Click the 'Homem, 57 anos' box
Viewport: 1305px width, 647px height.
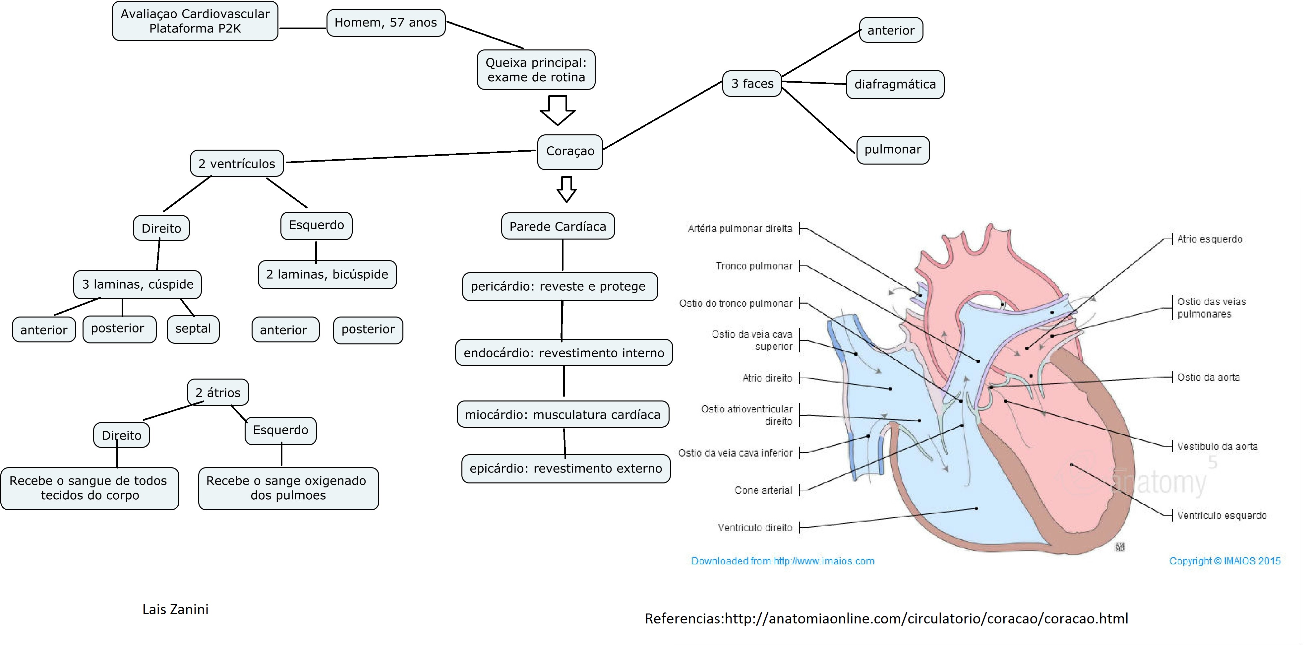coord(386,23)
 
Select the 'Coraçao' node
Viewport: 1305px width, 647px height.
coord(570,152)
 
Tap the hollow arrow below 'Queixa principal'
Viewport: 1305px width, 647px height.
coord(558,110)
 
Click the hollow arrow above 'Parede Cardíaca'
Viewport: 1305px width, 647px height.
coord(566,189)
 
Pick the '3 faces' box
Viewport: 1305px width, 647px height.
coord(752,83)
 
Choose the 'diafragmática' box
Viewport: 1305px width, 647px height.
coord(895,84)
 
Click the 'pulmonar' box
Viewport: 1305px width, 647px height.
coord(893,150)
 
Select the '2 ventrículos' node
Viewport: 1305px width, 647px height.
coord(237,163)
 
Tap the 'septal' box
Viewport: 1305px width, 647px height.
coord(193,329)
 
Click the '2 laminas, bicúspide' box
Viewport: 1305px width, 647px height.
coord(327,274)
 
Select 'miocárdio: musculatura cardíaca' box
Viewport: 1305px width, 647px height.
coord(563,414)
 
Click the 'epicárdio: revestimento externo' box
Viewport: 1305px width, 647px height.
coord(566,468)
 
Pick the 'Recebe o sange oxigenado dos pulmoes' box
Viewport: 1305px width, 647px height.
coord(288,488)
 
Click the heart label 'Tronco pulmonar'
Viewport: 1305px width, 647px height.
coord(754,266)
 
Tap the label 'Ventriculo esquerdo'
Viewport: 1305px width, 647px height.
coord(1222,516)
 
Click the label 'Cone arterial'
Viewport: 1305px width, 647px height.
coord(763,490)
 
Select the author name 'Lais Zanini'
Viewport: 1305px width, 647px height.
coord(175,610)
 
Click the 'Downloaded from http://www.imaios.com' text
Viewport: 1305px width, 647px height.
coord(783,561)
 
